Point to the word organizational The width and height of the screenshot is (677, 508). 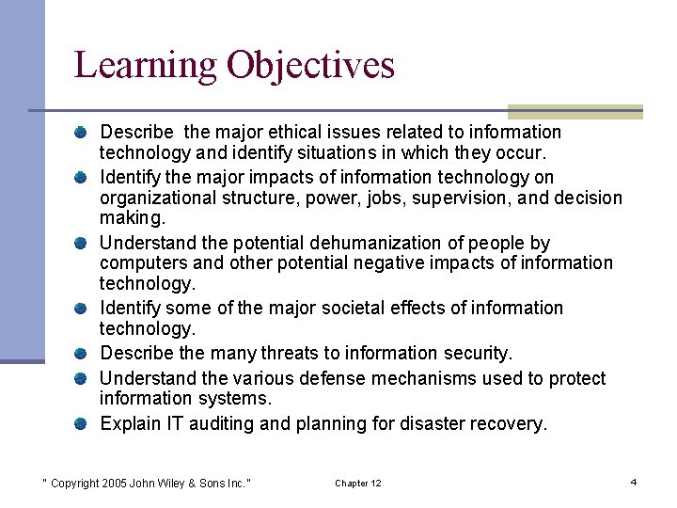click(157, 198)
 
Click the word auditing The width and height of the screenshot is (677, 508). click(221, 424)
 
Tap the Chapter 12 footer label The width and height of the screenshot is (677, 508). click(358, 484)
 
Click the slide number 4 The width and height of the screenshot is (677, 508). click(634, 483)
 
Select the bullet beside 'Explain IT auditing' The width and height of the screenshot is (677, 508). click(84, 424)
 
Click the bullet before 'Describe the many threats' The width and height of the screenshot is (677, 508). click(84, 354)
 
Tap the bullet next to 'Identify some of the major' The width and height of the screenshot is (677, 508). click(84, 309)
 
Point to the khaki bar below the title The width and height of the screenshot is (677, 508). click(575, 111)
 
